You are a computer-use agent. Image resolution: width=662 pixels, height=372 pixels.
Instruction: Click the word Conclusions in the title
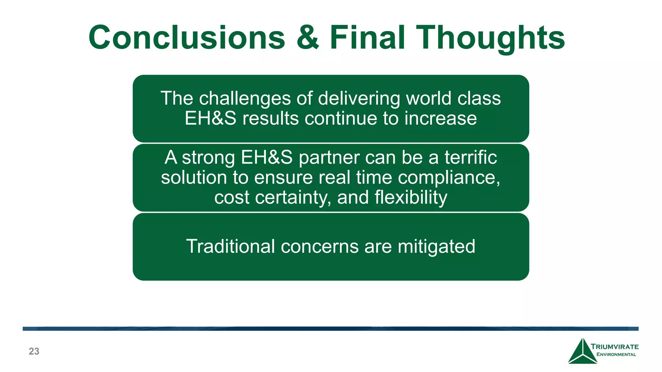[x=187, y=38]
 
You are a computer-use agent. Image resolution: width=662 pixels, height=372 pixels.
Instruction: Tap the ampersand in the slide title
[x=307, y=38]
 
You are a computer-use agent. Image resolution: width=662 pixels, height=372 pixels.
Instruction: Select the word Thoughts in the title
[x=490, y=38]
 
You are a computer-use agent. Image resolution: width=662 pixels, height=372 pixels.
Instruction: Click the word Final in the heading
[x=367, y=38]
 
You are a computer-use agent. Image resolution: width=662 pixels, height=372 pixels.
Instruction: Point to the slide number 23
[x=34, y=351]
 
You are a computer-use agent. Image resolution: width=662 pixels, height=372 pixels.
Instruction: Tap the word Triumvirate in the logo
[x=614, y=347]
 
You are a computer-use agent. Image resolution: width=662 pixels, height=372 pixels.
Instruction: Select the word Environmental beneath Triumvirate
[x=616, y=355]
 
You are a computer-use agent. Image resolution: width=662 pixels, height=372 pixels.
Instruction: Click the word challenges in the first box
[x=245, y=98]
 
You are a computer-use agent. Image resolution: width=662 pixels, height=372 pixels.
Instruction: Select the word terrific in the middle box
[x=471, y=158]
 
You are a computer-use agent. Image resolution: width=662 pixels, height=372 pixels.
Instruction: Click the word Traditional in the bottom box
[x=230, y=246]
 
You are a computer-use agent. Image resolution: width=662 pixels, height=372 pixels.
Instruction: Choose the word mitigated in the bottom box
[x=436, y=246]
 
